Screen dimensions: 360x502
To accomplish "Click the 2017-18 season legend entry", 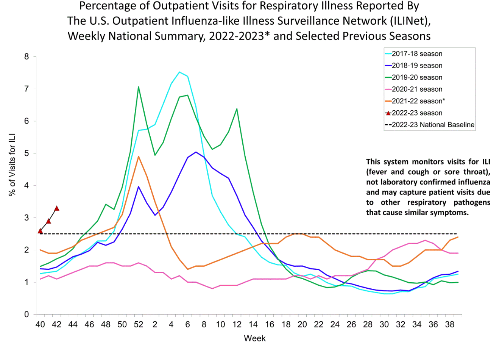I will (417, 54).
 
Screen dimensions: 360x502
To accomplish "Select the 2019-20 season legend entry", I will (417, 77).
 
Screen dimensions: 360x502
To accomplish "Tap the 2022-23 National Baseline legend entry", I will (433, 125).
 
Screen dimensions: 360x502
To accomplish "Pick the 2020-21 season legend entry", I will (417, 89).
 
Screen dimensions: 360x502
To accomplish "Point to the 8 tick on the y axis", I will (27, 57).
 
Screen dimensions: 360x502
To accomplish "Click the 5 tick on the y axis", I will (27, 153).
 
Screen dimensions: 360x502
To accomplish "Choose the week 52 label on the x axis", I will (139, 324).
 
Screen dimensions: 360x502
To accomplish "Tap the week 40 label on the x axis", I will (40, 324).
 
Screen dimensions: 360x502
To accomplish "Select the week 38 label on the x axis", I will (449, 324).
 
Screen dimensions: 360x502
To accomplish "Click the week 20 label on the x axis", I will (302, 324).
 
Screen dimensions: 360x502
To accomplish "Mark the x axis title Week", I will (255, 338).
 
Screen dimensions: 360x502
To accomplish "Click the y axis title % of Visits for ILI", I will (12, 164).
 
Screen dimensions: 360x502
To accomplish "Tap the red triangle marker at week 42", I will (57, 208).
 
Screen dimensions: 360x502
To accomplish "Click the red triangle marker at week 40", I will (40, 231).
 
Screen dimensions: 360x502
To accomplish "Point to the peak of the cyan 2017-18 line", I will (179, 72).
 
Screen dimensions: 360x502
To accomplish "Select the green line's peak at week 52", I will (139, 87).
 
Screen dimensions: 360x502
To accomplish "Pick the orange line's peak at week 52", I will (139, 156).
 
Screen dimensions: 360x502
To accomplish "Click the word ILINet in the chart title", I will (408, 21).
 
